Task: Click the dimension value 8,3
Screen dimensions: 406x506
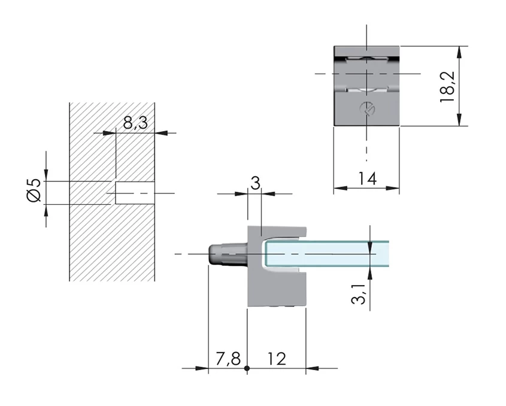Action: [135, 123]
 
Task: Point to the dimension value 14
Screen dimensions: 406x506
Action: [366, 178]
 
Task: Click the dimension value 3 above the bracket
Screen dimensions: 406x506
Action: [255, 183]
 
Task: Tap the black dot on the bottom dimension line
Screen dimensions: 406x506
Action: [247, 368]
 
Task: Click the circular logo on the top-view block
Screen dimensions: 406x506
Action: [367, 108]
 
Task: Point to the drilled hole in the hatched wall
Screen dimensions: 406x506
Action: [134, 193]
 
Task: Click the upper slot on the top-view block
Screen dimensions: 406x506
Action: [366, 57]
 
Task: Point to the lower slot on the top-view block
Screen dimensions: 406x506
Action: [366, 89]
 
